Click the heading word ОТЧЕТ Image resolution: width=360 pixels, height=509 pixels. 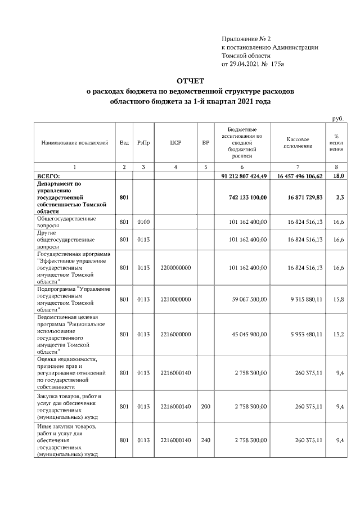(x=191, y=81)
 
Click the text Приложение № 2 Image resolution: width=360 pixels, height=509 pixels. (x=246, y=39)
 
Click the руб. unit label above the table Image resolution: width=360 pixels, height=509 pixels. (x=338, y=118)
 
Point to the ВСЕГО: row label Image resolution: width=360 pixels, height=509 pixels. (x=52, y=176)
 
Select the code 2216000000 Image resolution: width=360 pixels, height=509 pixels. (x=175, y=334)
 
